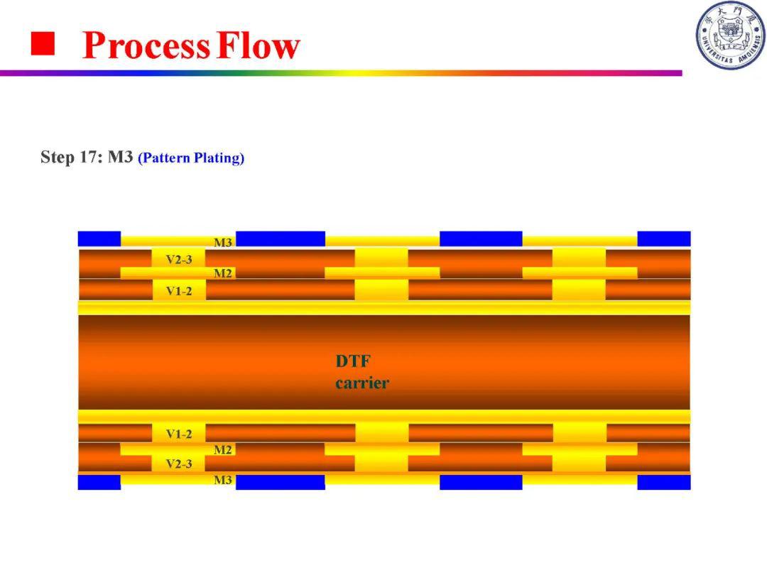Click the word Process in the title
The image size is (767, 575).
146,45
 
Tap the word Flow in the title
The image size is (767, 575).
259,45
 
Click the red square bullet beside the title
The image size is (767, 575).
43,43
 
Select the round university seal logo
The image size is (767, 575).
730,35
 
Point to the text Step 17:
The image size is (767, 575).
72,158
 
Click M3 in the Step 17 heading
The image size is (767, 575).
120,157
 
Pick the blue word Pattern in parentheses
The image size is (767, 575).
164,158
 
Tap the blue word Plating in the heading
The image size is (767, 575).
219,158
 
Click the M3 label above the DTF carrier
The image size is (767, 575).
223,243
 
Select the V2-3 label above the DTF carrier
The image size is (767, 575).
179,260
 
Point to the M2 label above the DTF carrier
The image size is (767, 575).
223,273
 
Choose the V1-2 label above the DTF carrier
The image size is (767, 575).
179,291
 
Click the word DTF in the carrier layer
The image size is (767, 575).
353,361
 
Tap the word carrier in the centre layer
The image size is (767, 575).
362,383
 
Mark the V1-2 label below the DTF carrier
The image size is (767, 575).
179,434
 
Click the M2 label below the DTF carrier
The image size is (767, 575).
223,450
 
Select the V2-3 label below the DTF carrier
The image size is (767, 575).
179,464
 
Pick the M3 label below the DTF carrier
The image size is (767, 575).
223,480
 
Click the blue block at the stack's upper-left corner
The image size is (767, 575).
99,239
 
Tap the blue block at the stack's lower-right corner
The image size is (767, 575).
664,482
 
